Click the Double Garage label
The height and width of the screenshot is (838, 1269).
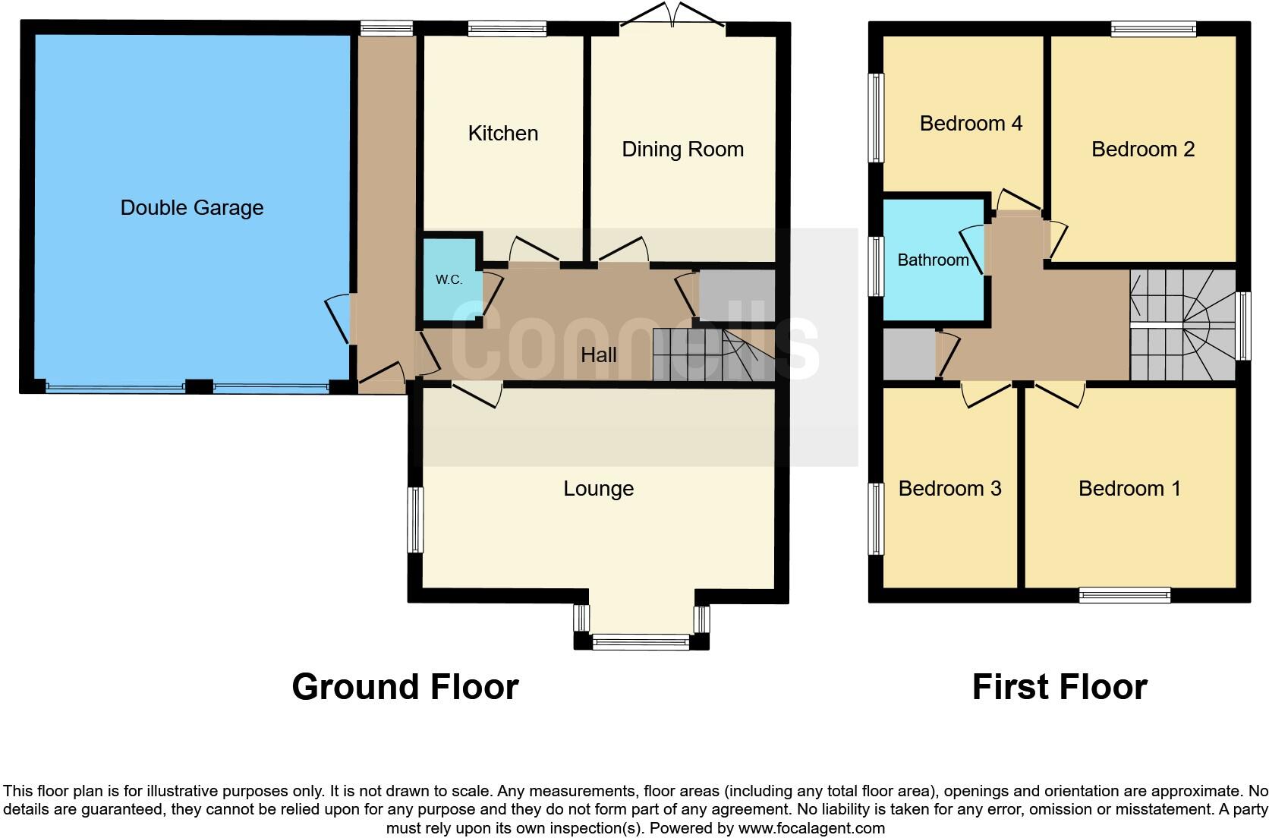[x=192, y=207]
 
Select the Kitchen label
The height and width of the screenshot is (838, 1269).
[x=503, y=134]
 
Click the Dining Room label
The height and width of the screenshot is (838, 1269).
[x=682, y=150]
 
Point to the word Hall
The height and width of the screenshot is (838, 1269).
[x=598, y=354]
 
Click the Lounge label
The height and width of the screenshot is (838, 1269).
[x=598, y=489]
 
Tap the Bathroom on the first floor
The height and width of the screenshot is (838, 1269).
[x=933, y=260]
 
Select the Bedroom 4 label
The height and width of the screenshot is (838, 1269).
[x=971, y=123]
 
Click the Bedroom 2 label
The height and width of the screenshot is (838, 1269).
[x=1142, y=150]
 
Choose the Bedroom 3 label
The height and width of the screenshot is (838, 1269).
[x=949, y=489]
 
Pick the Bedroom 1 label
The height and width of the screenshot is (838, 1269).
[x=1129, y=489]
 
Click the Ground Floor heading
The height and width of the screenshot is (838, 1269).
[x=405, y=687]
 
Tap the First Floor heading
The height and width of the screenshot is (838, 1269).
[x=1059, y=687]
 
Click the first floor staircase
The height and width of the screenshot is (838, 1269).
[x=1182, y=325]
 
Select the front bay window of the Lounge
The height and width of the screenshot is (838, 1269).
[x=641, y=642]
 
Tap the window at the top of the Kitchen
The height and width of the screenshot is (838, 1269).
[x=507, y=30]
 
